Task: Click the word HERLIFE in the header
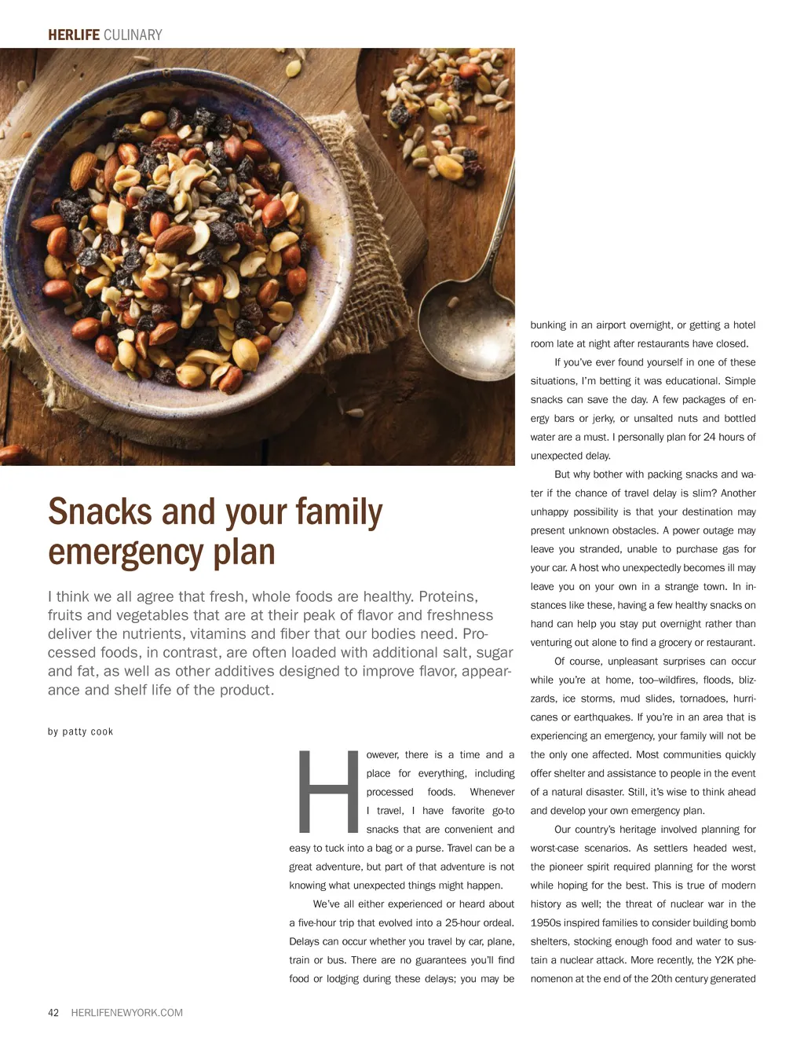coord(73,35)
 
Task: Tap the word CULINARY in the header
coord(133,35)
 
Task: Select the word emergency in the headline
coord(125,552)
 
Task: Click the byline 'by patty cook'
coord(80,731)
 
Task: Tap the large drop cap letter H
coord(326,791)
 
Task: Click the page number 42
coord(53,1013)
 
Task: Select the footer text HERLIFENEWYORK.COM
coord(126,1013)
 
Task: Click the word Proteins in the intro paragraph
coord(447,596)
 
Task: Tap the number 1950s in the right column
coord(548,922)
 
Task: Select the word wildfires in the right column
coord(679,680)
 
